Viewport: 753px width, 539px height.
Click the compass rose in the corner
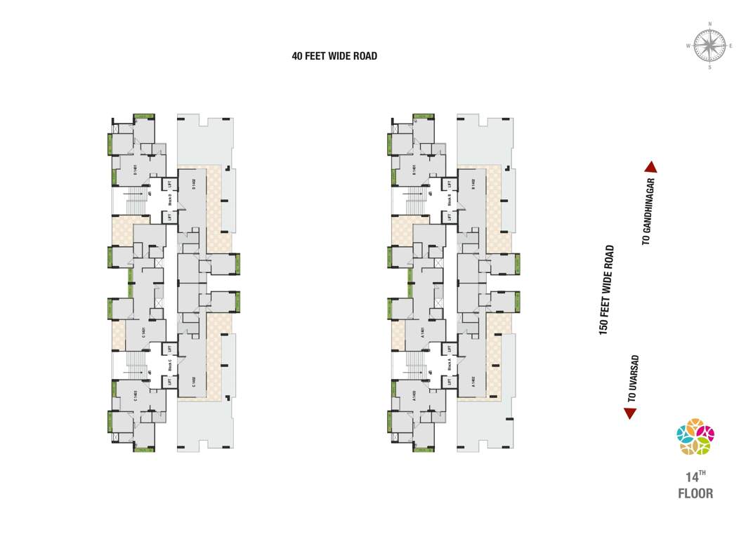(709, 46)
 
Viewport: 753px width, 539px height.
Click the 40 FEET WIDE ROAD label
(334, 56)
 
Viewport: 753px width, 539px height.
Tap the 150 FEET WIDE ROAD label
(607, 290)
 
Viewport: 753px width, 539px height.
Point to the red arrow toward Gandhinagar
(650, 167)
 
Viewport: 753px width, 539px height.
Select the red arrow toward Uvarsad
(630, 413)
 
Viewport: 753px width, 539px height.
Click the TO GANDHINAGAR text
(648, 211)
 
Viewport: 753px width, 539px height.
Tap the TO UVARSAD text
(633, 378)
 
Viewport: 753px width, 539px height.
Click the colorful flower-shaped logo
(695, 437)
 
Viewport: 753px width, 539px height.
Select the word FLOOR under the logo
(695, 493)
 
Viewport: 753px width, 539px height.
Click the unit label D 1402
(193, 185)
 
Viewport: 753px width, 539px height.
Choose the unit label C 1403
(135, 396)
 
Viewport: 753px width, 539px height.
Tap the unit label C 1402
(193, 382)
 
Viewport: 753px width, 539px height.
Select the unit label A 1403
(414, 396)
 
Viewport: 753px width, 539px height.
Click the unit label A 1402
(473, 382)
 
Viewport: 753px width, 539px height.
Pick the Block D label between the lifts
(170, 200)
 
